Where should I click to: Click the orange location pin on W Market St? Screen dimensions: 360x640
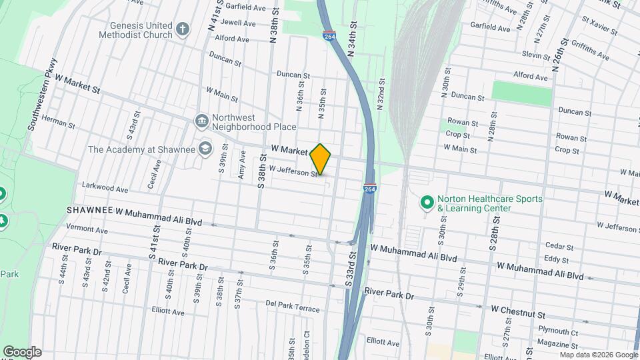(321, 159)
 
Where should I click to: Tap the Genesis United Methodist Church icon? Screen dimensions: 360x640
(183, 30)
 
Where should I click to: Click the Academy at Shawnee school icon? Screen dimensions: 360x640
(206, 148)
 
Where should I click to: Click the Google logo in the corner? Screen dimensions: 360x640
(23, 352)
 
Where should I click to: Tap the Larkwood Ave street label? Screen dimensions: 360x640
(104, 189)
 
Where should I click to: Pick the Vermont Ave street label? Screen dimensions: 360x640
(87, 230)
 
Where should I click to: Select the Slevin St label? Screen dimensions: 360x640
(536, 55)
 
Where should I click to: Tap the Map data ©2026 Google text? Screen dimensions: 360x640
(597, 354)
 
